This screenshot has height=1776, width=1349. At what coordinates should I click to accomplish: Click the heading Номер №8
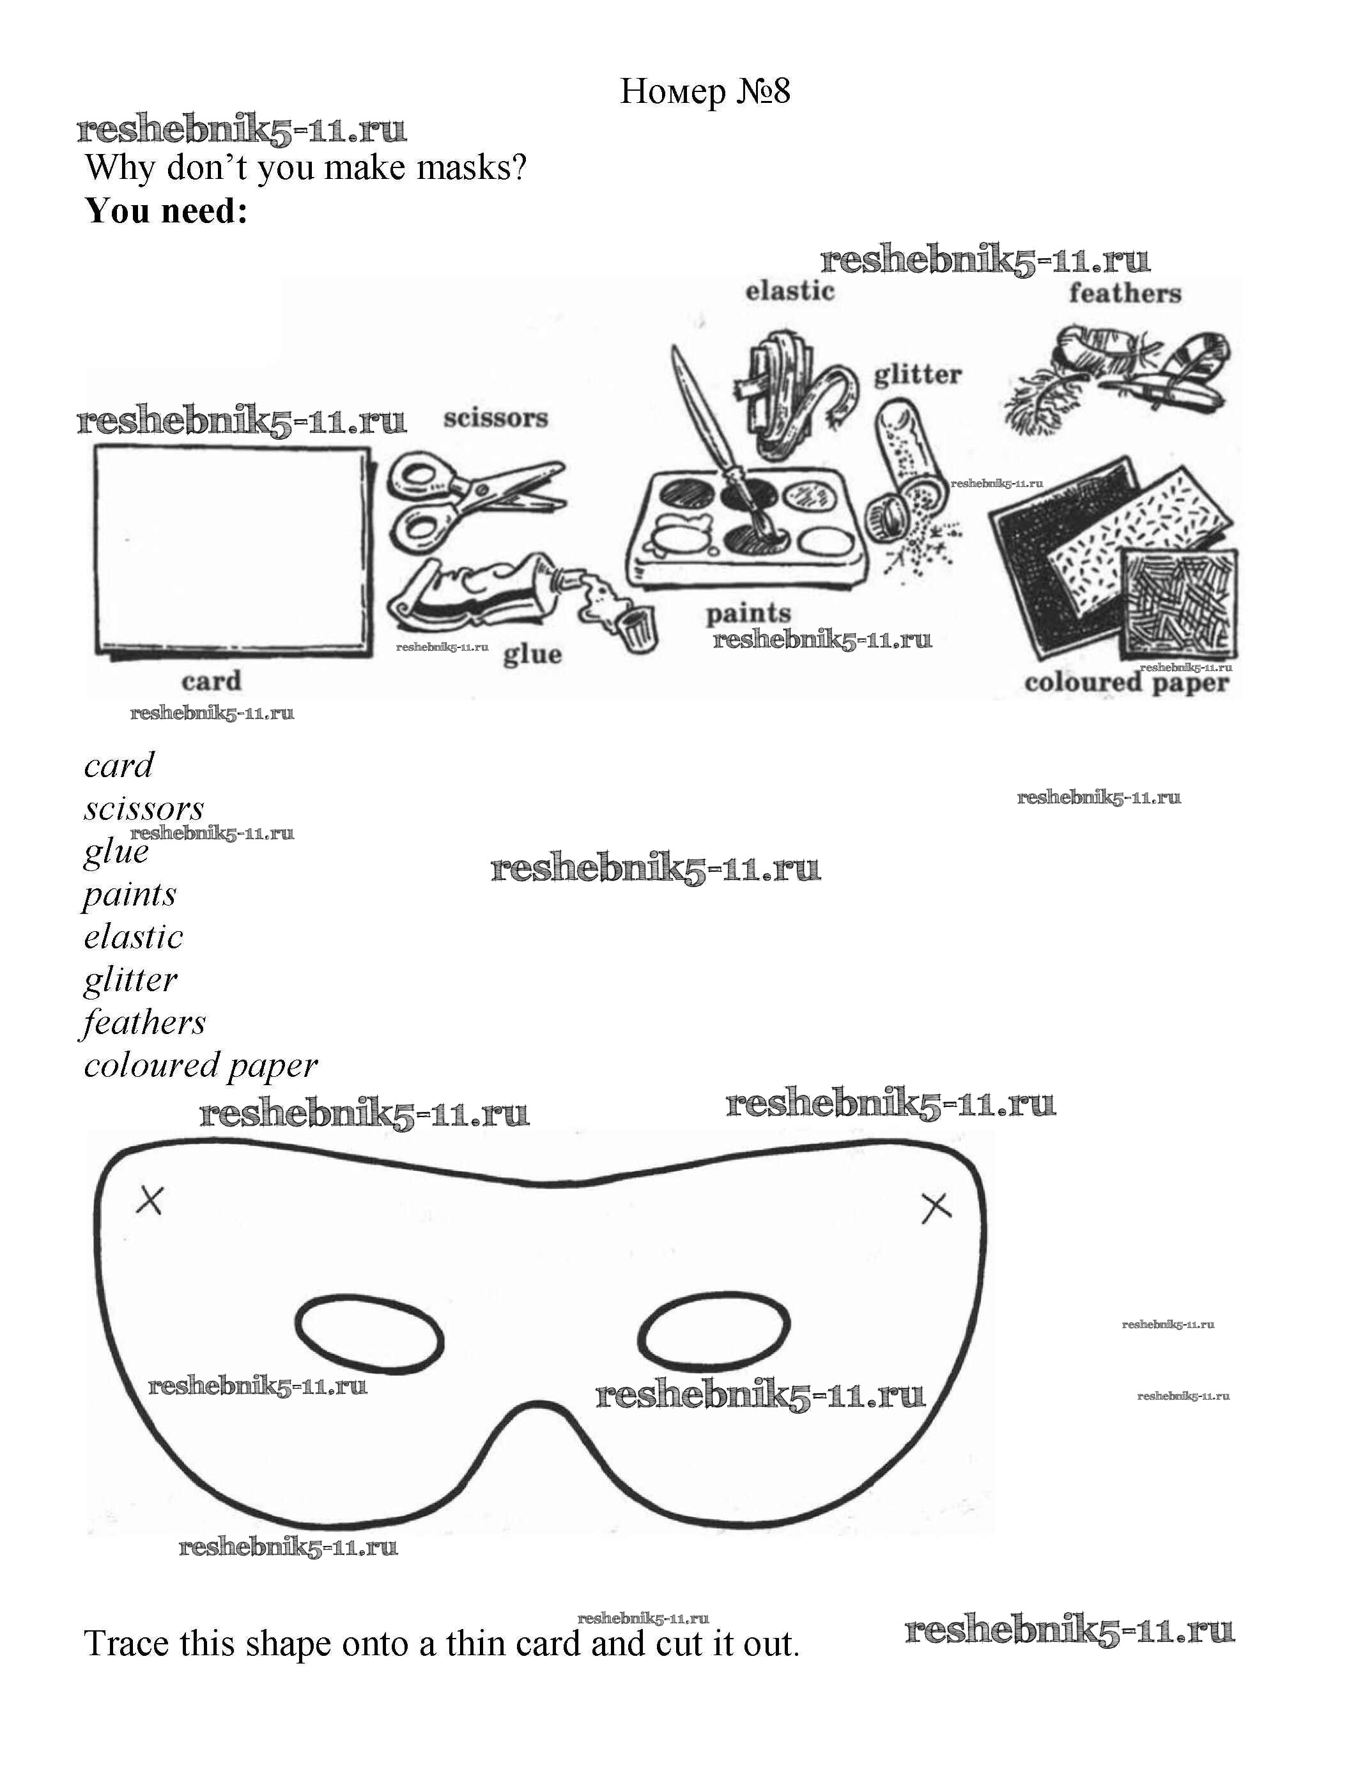(705, 91)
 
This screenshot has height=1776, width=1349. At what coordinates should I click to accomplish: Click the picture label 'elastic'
(790, 291)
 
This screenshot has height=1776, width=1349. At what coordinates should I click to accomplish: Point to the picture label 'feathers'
(1125, 293)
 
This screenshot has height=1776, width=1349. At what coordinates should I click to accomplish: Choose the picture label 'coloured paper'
(1127, 683)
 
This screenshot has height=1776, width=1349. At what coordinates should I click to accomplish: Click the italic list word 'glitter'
(130, 980)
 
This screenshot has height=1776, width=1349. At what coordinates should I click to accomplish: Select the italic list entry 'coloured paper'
(201, 1066)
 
